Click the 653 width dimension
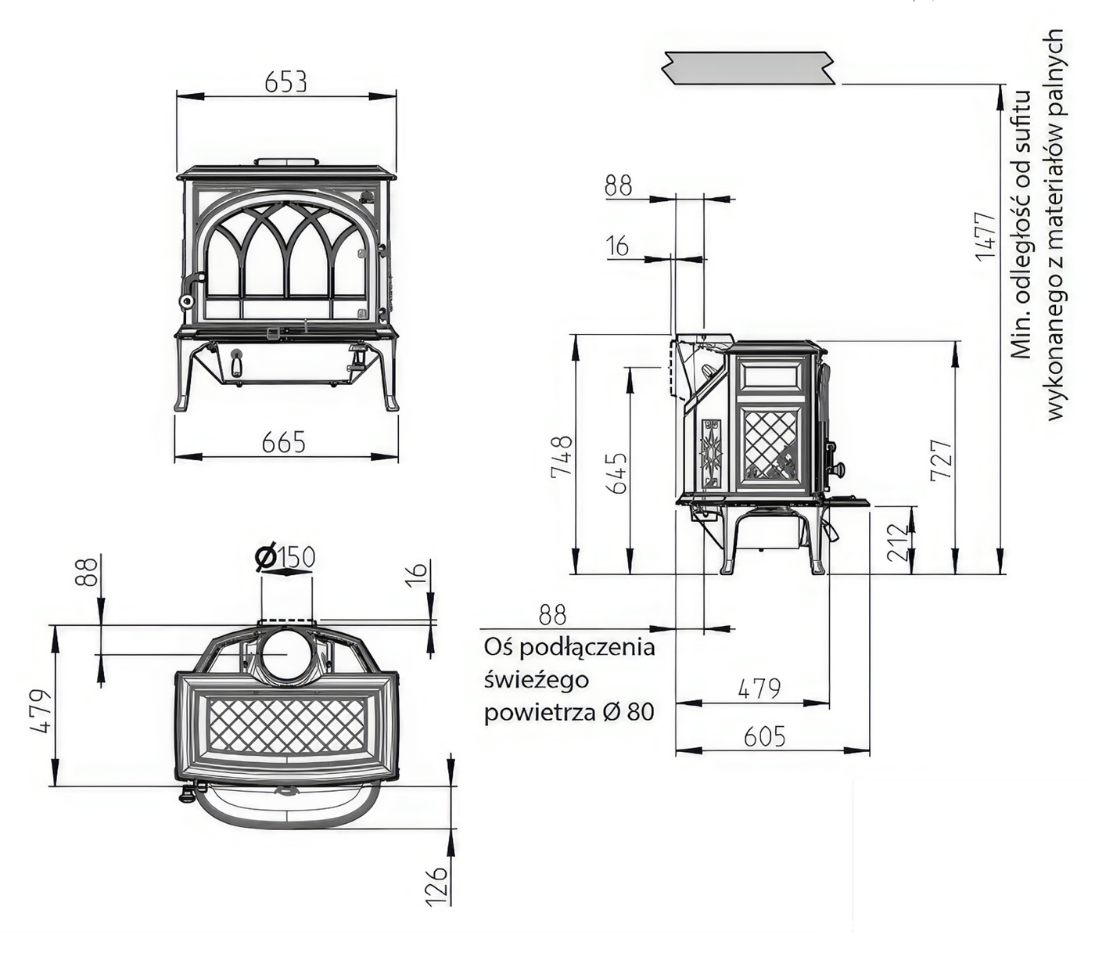(x=285, y=81)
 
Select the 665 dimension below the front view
(x=283, y=443)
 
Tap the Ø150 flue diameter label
(x=285, y=557)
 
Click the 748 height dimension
(x=562, y=455)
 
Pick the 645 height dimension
(x=616, y=472)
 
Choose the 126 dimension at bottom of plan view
(x=439, y=885)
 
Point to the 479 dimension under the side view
(x=759, y=689)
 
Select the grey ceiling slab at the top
(x=749, y=68)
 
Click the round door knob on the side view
(x=840, y=469)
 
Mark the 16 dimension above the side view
(x=617, y=246)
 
